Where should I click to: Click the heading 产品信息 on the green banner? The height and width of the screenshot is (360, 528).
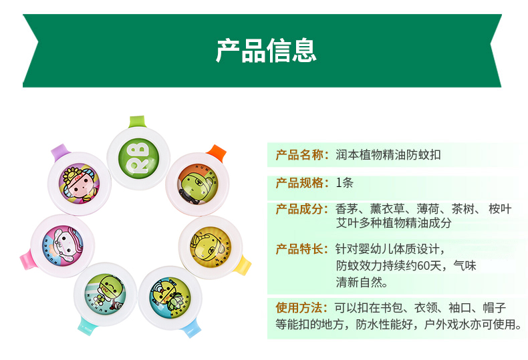(266, 51)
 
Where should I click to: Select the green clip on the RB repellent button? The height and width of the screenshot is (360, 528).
(138, 122)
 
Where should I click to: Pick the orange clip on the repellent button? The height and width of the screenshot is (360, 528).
(216, 153)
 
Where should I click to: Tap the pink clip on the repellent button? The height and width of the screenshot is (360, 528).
(26, 259)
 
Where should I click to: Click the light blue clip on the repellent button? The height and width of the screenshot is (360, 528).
(192, 328)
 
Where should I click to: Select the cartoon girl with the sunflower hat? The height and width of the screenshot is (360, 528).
(79, 184)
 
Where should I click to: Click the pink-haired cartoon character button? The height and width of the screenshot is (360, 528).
(63, 246)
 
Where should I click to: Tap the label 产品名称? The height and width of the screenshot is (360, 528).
(299, 155)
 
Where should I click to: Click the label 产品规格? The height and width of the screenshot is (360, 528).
(299, 183)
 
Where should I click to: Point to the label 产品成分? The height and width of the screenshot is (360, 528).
(299, 209)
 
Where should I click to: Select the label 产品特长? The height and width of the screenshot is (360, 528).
(299, 249)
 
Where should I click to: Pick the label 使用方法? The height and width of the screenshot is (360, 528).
(299, 307)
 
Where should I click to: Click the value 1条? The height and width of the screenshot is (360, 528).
(344, 183)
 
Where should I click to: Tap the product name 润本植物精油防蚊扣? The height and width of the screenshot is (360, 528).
(388, 155)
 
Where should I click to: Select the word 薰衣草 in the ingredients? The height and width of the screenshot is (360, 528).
(387, 209)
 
